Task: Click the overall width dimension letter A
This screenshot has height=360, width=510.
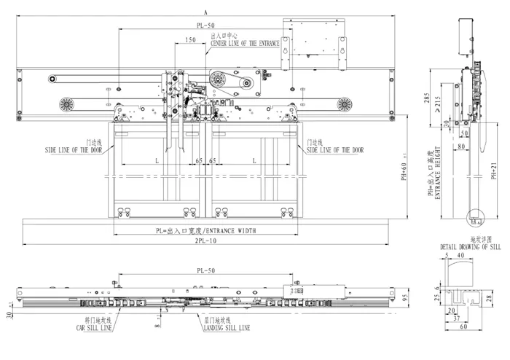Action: click(x=206, y=12)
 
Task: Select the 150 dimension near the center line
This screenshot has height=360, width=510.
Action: click(x=189, y=41)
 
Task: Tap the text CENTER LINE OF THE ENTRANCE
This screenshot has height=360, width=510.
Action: click(x=246, y=44)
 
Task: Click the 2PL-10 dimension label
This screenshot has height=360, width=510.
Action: click(x=205, y=240)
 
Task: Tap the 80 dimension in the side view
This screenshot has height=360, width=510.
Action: click(x=461, y=146)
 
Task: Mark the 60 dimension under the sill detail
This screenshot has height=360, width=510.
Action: click(x=463, y=327)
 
